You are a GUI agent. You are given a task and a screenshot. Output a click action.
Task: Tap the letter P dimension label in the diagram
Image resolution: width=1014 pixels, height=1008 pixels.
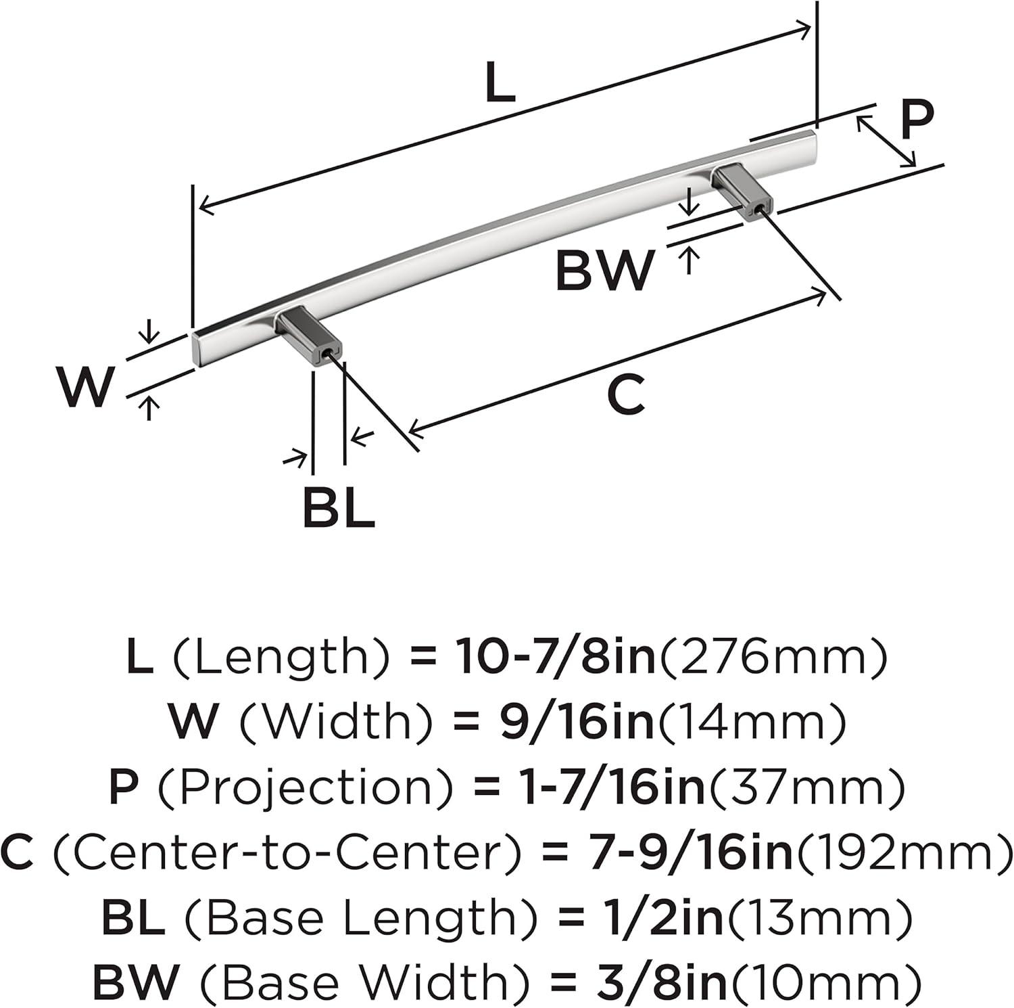point(917,120)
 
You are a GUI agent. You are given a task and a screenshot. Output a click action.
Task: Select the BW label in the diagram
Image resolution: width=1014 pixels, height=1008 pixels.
point(605,270)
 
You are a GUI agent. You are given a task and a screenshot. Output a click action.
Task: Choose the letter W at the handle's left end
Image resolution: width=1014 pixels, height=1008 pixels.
point(85,386)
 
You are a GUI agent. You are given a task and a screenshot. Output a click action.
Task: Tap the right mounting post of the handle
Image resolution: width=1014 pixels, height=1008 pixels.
point(742,191)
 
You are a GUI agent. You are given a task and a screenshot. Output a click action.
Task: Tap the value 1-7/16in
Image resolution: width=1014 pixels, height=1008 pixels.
point(598,786)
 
